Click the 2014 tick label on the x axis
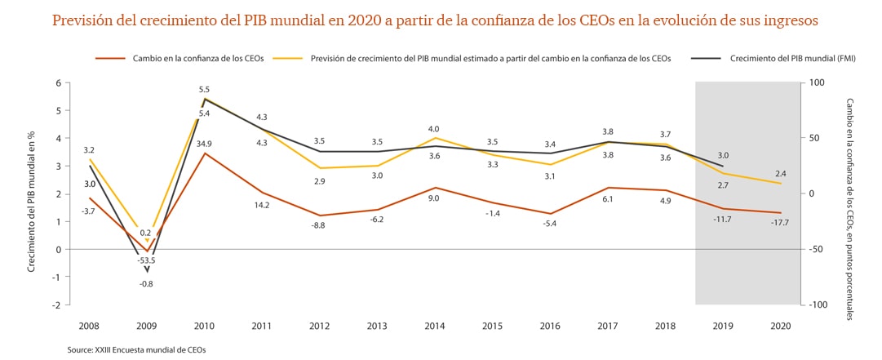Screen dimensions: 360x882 (x=436, y=326)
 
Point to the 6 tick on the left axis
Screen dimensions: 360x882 (x=58, y=82)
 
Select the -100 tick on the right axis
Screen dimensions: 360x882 (x=818, y=304)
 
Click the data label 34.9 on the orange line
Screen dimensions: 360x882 (x=204, y=144)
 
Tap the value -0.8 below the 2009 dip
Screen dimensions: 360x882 (x=147, y=283)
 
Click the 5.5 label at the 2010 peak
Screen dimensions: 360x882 (x=204, y=90)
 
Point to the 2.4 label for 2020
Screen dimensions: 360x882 (x=781, y=173)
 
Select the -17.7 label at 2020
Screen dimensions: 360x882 (x=781, y=222)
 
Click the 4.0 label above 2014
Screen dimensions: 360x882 (x=434, y=129)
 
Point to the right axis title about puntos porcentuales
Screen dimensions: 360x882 (x=849, y=209)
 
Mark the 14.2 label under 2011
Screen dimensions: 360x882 (x=261, y=206)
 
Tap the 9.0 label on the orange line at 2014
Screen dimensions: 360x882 (x=434, y=198)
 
